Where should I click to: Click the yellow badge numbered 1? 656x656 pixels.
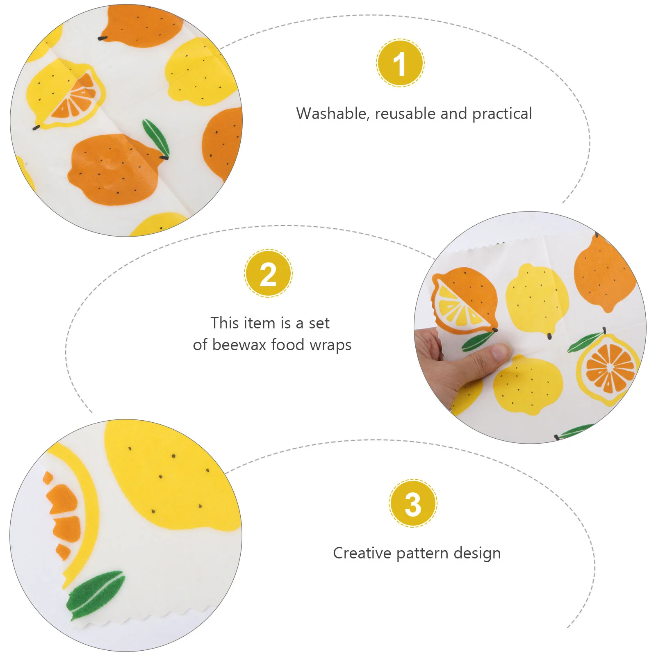(400, 63)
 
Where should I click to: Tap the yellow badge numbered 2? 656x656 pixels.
(268, 273)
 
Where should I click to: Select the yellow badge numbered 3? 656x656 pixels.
(413, 503)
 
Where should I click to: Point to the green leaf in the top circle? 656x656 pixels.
(156, 139)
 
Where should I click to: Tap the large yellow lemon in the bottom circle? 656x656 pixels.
(172, 476)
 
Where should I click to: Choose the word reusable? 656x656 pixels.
(405, 114)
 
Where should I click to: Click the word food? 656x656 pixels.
(288, 345)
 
